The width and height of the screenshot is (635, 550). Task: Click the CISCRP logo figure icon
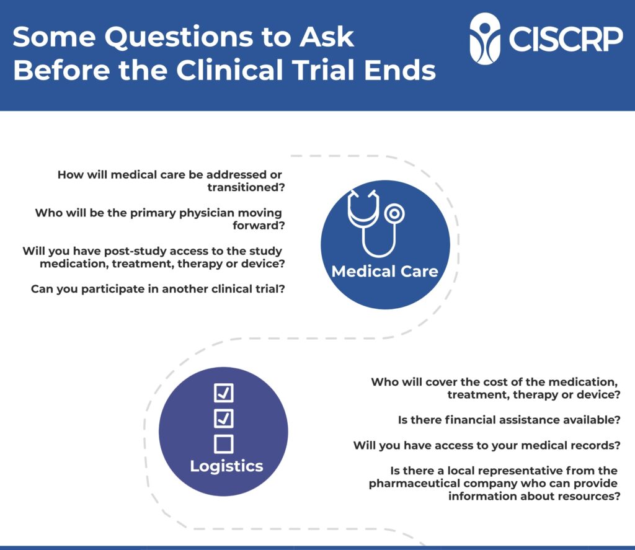(x=485, y=39)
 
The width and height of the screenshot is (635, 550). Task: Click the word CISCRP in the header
(x=566, y=39)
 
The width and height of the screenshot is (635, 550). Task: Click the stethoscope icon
(x=375, y=223)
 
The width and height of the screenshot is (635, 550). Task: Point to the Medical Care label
(x=384, y=272)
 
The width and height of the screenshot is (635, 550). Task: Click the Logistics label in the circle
(x=226, y=466)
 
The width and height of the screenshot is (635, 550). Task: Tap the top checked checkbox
(x=223, y=393)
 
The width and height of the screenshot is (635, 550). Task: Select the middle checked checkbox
(x=223, y=419)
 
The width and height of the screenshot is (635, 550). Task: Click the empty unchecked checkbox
(x=223, y=444)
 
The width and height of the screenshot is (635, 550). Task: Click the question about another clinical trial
(x=158, y=289)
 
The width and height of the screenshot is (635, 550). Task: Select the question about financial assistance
(x=509, y=420)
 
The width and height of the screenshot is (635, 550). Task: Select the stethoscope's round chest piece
(x=394, y=213)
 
